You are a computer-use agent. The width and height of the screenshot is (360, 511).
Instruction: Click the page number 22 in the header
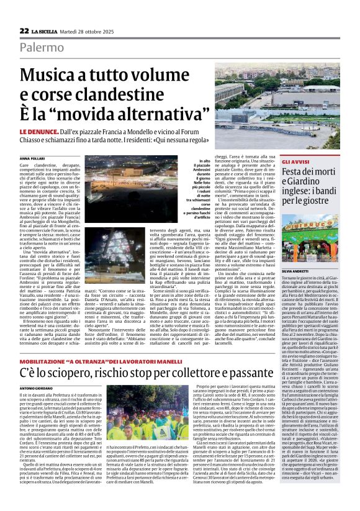click(24, 30)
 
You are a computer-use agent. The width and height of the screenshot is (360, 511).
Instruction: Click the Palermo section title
click(41, 47)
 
